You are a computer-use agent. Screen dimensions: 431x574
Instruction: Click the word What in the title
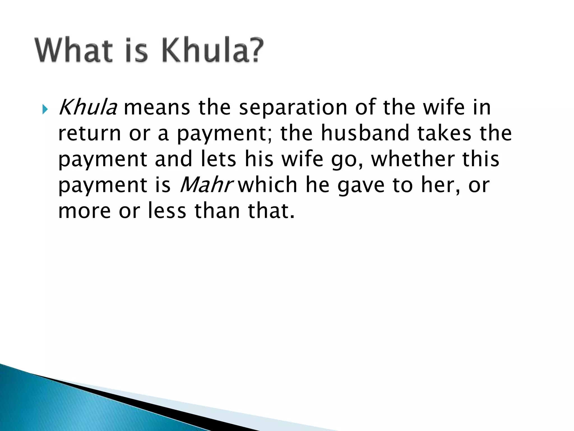click(x=74, y=51)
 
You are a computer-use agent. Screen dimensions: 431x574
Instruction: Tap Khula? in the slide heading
click(x=213, y=51)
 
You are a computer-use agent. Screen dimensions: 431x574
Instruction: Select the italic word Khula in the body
click(x=88, y=108)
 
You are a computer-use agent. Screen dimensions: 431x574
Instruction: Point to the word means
click(x=157, y=108)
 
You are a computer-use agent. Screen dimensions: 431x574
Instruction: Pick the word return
click(x=89, y=134)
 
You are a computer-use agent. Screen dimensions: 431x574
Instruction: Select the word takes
click(x=444, y=134)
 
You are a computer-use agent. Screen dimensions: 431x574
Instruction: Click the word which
click(x=268, y=185)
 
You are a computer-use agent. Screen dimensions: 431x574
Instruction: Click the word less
click(x=167, y=211)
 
